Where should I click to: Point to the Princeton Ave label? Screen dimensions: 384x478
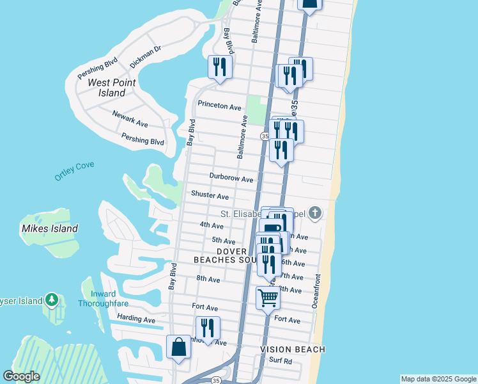219,106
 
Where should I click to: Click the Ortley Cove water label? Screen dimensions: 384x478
74,170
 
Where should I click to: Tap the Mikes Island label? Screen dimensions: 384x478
50,228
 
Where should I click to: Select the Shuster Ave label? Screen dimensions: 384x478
210,196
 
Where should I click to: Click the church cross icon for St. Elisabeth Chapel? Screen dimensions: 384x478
314,212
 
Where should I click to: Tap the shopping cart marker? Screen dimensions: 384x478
268,297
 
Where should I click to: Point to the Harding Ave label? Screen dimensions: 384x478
136,319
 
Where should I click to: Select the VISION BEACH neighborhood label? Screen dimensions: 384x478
293,349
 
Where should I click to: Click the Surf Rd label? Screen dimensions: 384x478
280,361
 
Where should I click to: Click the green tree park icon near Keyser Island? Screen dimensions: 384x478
52,300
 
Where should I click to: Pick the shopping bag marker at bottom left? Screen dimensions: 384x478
178,347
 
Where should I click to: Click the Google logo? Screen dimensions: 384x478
21,376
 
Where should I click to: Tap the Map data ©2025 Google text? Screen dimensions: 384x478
438,379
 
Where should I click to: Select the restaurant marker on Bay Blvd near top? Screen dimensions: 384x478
220,67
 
